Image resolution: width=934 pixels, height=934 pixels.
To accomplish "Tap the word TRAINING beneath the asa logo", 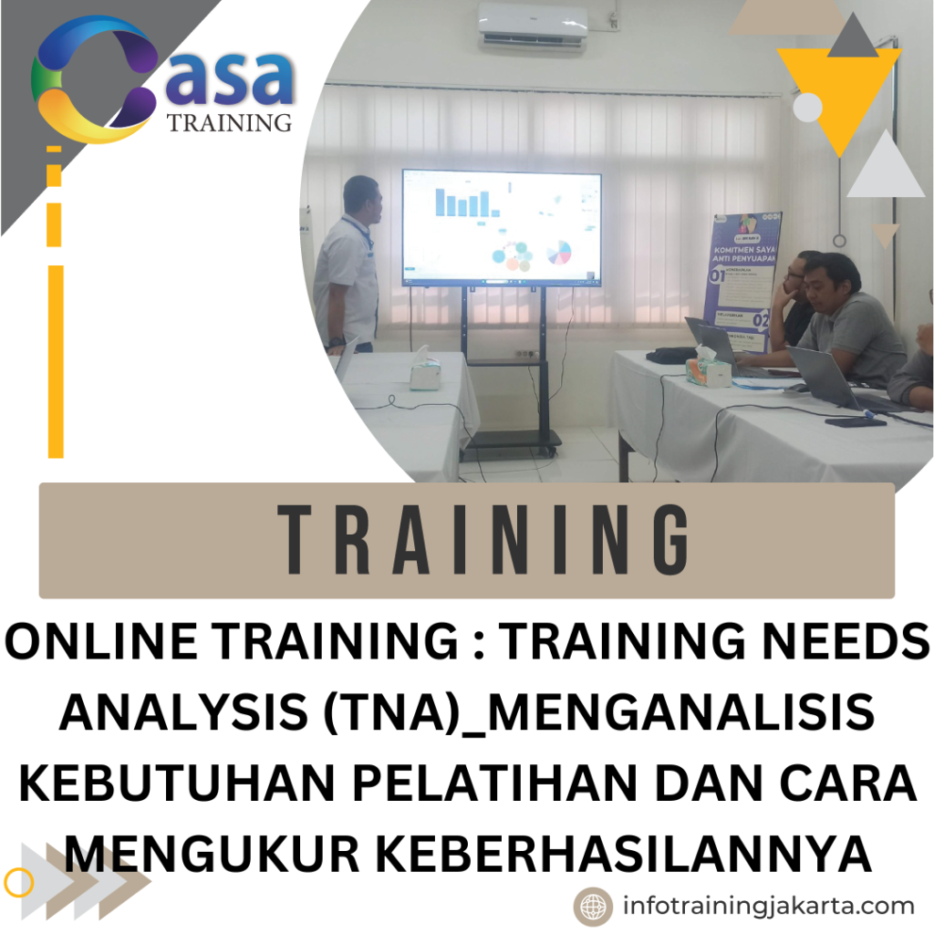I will point(230,122).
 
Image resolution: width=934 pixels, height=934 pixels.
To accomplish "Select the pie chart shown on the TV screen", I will point(558,252).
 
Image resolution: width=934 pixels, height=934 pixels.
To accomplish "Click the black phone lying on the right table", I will point(855,420).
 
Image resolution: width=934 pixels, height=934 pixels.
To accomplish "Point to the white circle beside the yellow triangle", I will point(808,108).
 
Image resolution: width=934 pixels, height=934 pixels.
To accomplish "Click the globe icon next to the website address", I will point(592,907).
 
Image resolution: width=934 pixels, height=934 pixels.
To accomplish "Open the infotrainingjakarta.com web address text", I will point(768,907).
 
